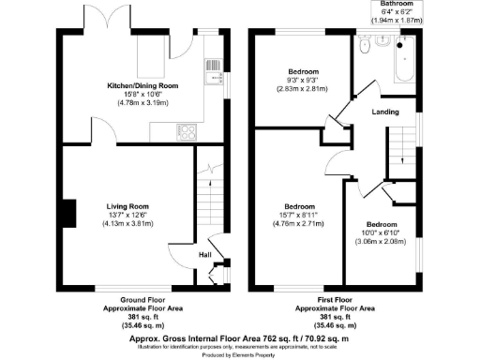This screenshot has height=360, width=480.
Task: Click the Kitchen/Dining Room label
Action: click(x=142, y=85)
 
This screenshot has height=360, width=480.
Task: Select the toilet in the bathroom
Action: click(x=372, y=43)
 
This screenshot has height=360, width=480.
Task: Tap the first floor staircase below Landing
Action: click(x=403, y=150)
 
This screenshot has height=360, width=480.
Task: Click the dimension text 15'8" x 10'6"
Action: click(x=142, y=94)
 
